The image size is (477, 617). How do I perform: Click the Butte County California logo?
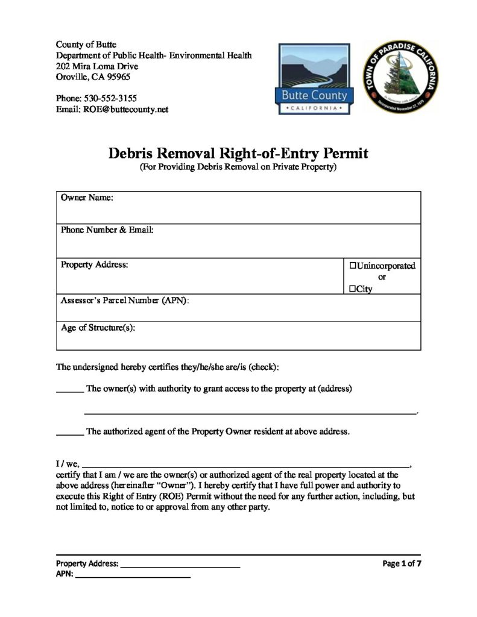coord(314,78)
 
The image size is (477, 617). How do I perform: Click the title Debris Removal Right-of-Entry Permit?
coord(238,153)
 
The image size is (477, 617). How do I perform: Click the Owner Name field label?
coord(87,198)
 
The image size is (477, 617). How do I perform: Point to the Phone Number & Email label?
coord(107,230)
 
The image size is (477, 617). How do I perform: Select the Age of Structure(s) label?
coord(98,328)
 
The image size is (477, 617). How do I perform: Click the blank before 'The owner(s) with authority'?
coord(69,391)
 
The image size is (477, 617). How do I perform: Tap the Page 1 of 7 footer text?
coord(401,563)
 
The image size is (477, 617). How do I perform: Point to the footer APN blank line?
coord(133,577)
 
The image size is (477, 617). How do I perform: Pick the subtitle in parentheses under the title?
coord(238,167)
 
